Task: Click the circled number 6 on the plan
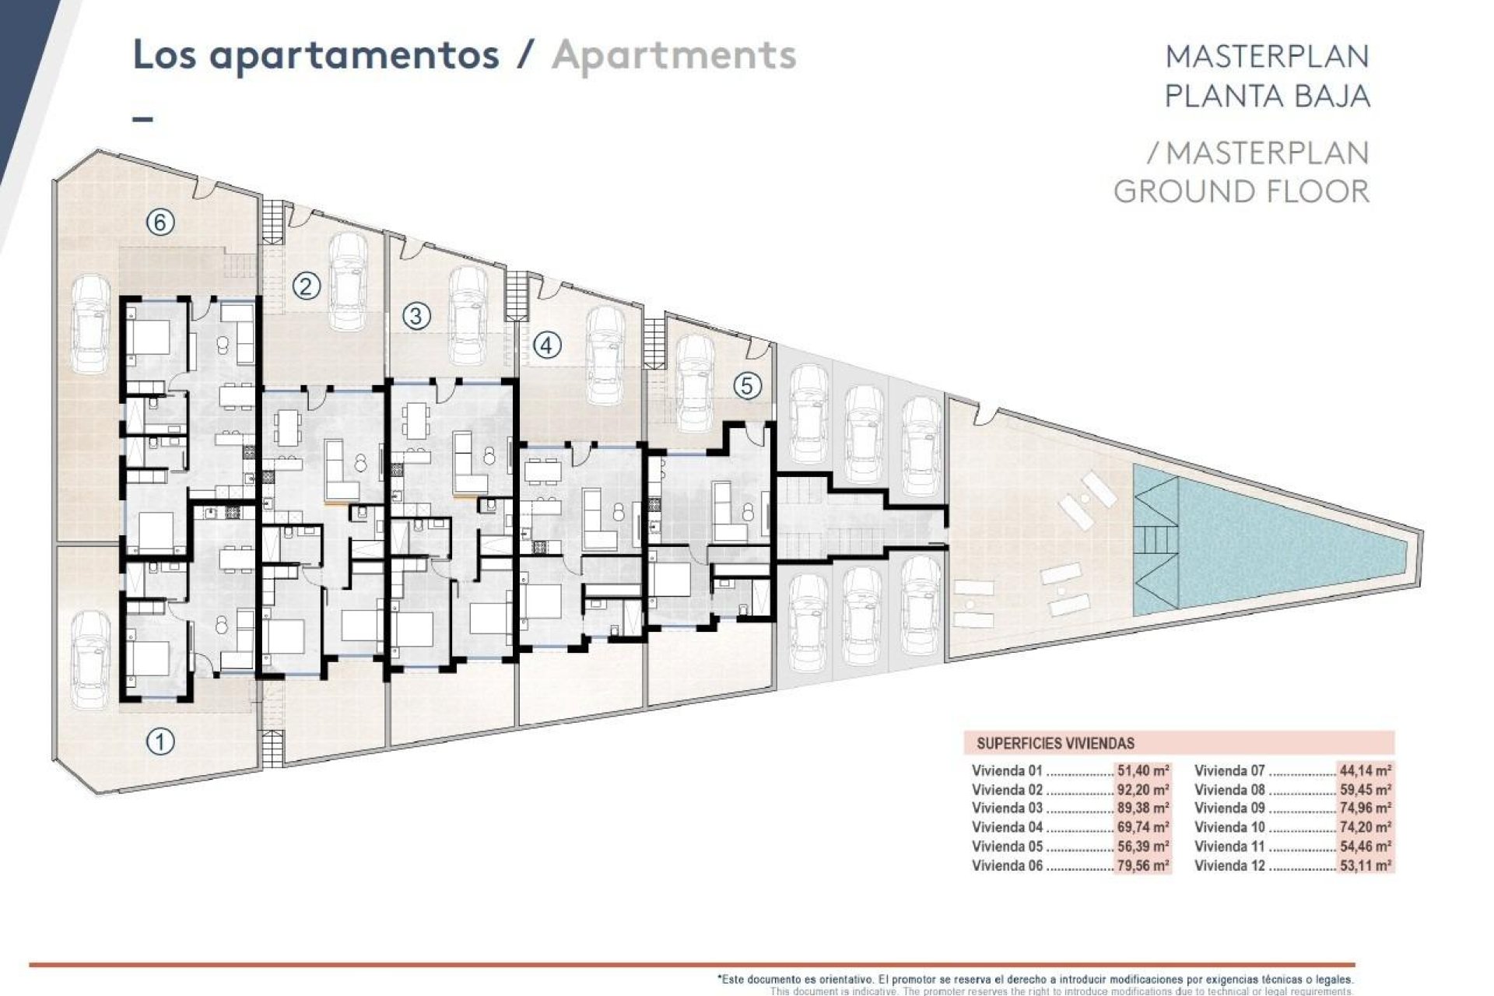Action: [x=160, y=223]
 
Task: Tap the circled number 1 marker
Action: [x=160, y=742]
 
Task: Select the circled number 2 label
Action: [x=306, y=287]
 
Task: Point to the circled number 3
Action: [x=416, y=316]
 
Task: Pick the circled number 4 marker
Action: [x=547, y=345]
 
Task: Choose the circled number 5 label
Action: [x=748, y=386]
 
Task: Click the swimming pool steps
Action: [x=1156, y=538]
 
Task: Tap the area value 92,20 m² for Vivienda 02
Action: [x=1143, y=790]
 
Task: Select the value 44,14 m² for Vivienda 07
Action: [x=1366, y=771]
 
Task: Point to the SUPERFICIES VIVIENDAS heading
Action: [x=1055, y=743]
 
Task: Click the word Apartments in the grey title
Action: [x=674, y=56]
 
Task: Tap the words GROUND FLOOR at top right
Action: [x=1241, y=191]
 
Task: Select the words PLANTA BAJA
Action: [x=1267, y=96]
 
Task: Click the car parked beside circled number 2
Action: [x=348, y=282]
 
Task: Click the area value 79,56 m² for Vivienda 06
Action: [x=1143, y=865]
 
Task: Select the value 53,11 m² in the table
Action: [x=1366, y=865]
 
